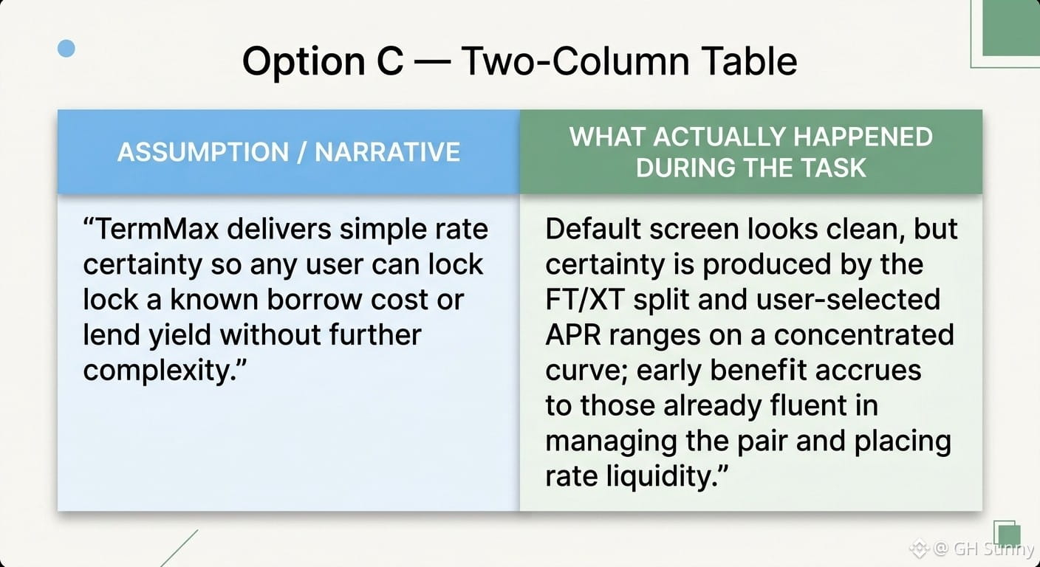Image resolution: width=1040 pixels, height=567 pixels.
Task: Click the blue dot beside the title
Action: coord(66,49)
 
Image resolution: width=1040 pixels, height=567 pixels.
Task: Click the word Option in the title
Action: coord(304,62)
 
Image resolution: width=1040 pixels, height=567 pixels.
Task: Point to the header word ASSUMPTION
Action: coord(203,152)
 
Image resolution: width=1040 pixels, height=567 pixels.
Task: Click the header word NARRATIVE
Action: coord(388,152)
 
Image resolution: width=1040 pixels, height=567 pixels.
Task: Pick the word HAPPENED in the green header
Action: coord(863,137)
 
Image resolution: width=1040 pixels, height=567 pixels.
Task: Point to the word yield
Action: coord(179,336)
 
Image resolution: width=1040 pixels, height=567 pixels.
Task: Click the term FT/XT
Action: coord(584,299)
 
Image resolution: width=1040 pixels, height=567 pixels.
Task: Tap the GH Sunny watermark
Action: coord(973,549)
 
